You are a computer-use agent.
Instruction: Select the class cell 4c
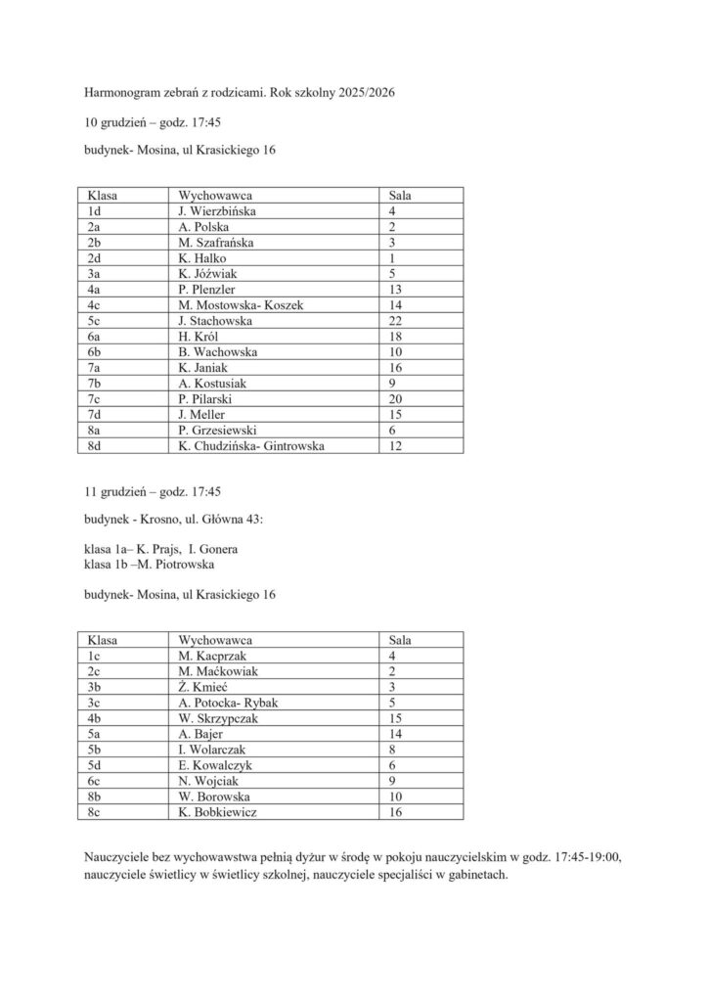click(95, 305)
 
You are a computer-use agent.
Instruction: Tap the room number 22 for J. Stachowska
click(396, 321)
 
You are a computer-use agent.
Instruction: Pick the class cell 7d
click(95, 416)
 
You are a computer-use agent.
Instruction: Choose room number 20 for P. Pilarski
click(396, 400)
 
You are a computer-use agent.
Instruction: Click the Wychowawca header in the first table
click(216, 195)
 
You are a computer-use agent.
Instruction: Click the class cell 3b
click(95, 686)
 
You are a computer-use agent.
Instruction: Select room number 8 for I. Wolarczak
click(392, 750)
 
